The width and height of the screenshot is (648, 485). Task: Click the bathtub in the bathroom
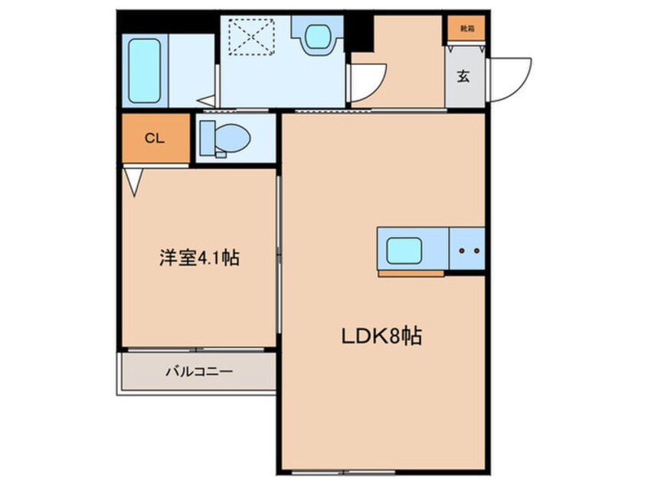(x=144, y=70)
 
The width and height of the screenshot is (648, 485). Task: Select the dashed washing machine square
(x=252, y=37)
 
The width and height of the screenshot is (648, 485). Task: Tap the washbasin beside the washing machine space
(x=315, y=36)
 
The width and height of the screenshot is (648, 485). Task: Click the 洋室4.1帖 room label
(x=199, y=258)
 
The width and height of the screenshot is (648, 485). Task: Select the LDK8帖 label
(x=381, y=337)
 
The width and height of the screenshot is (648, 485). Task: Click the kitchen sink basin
(x=404, y=249)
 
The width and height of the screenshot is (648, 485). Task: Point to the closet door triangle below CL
(x=135, y=181)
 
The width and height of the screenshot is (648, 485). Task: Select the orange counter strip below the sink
(x=411, y=272)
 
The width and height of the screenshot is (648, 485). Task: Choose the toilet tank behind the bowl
(x=207, y=138)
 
